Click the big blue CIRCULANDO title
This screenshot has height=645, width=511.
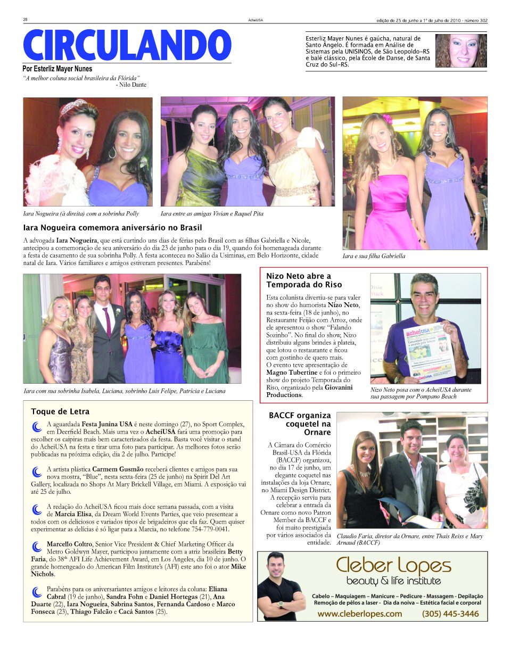click(127, 46)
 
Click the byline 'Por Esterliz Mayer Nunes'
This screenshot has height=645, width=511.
click(57, 69)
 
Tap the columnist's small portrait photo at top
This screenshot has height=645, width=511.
click(460, 51)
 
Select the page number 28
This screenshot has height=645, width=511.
click(25, 20)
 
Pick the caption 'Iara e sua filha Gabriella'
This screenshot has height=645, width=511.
click(374, 256)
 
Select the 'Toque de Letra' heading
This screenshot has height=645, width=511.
click(60, 411)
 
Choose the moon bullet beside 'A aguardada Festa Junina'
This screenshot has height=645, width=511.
click(37, 426)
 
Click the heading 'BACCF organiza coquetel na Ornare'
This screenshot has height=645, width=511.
click(300, 424)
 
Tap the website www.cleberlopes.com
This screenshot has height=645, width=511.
click(359, 614)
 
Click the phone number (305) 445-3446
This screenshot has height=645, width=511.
click(450, 614)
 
